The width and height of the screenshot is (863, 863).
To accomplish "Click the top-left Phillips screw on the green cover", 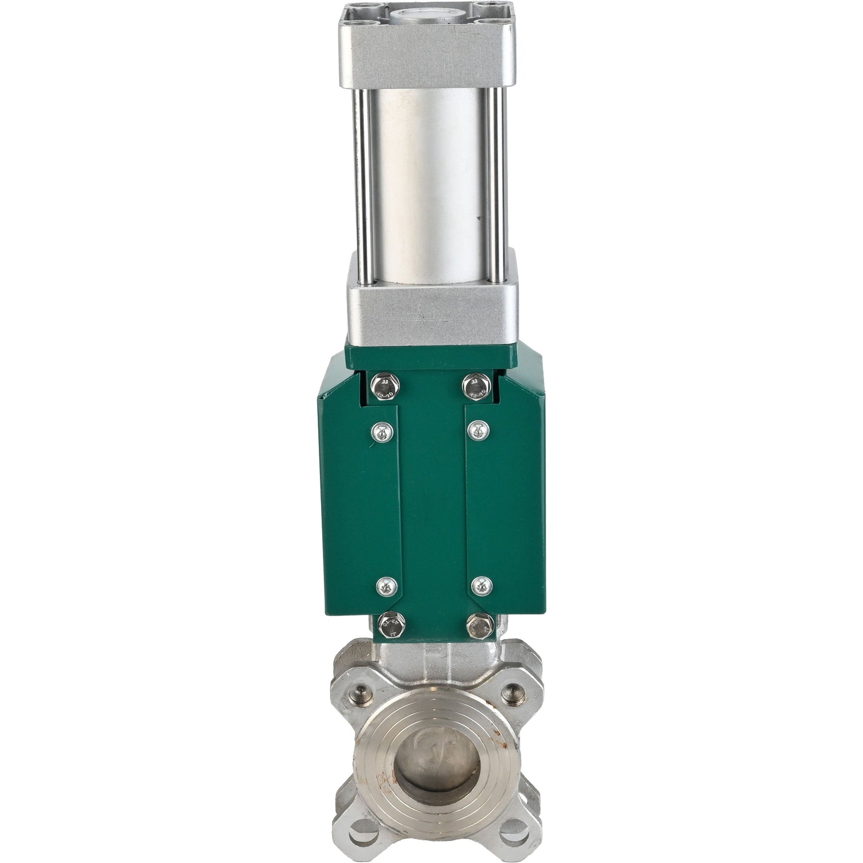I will coord(380,430).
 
